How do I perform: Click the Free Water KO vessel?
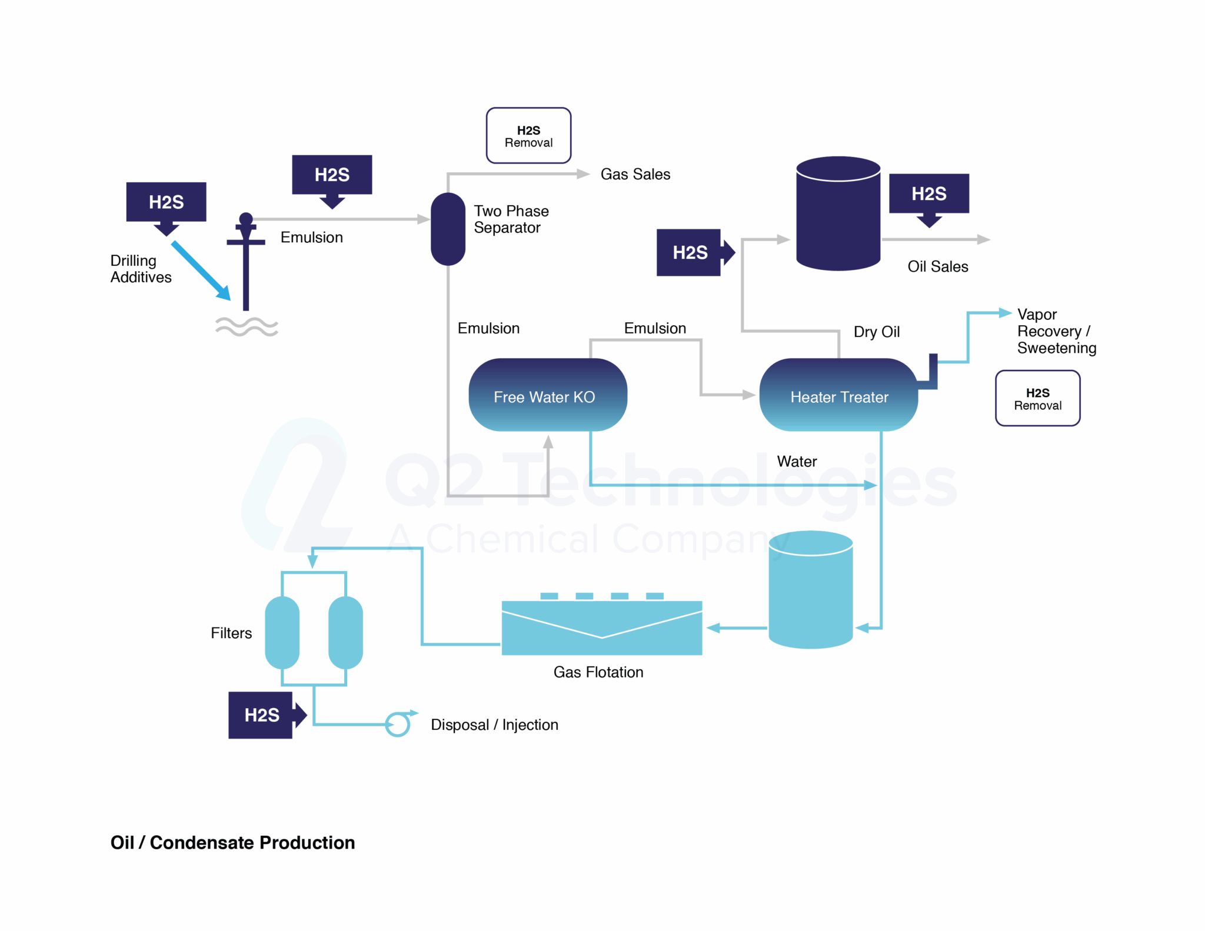coord(547,395)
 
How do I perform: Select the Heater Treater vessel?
coord(838,395)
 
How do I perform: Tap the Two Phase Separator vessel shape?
coord(448,229)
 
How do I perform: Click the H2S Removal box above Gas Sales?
coord(528,136)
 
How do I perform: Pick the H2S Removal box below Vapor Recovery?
coord(1037,398)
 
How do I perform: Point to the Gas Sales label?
coord(635,174)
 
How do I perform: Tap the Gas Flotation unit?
coord(601,627)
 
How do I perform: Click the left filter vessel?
coord(282,632)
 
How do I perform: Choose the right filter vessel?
coord(345,632)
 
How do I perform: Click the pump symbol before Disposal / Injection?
coord(398,724)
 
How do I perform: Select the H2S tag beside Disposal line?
coord(261,715)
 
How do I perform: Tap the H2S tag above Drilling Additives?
coord(166,202)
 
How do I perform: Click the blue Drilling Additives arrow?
coord(200,270)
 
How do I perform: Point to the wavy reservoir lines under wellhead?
coord(247,326)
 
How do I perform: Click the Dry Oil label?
coord(876,332)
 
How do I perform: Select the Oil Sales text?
coord(937,266)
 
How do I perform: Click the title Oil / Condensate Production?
coord(232,842)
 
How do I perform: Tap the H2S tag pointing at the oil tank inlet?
coord(690,252)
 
